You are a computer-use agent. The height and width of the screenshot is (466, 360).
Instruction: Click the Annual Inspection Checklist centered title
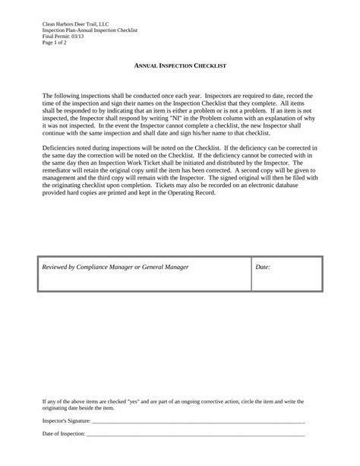tap(180, 67)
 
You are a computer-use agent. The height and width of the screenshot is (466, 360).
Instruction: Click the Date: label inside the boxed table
tap(263, 268)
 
